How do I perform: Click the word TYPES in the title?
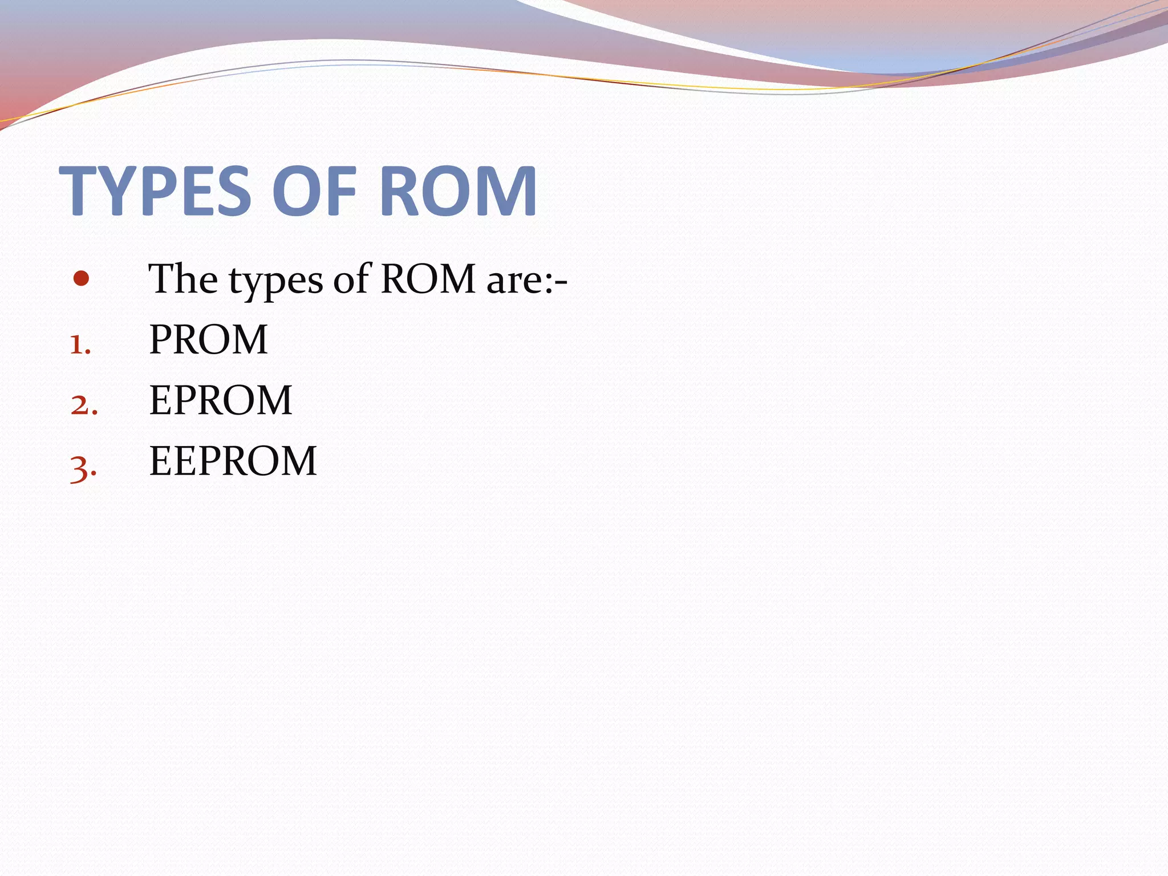coord(155,190)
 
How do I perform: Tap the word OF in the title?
coord(314,190)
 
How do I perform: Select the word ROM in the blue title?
coord(458,190)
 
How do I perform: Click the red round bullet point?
coord(82,279)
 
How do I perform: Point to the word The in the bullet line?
coord(182,279)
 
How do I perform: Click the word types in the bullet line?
coord(276,281)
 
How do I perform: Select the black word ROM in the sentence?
coord(428,279)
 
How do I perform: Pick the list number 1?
coord(80,344)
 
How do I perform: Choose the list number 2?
coord(84,405)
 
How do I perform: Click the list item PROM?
coord(208,340)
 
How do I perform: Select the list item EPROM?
coord(221,400)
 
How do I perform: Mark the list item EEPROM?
coord(233,461)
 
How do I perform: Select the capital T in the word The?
coord(161,279)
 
